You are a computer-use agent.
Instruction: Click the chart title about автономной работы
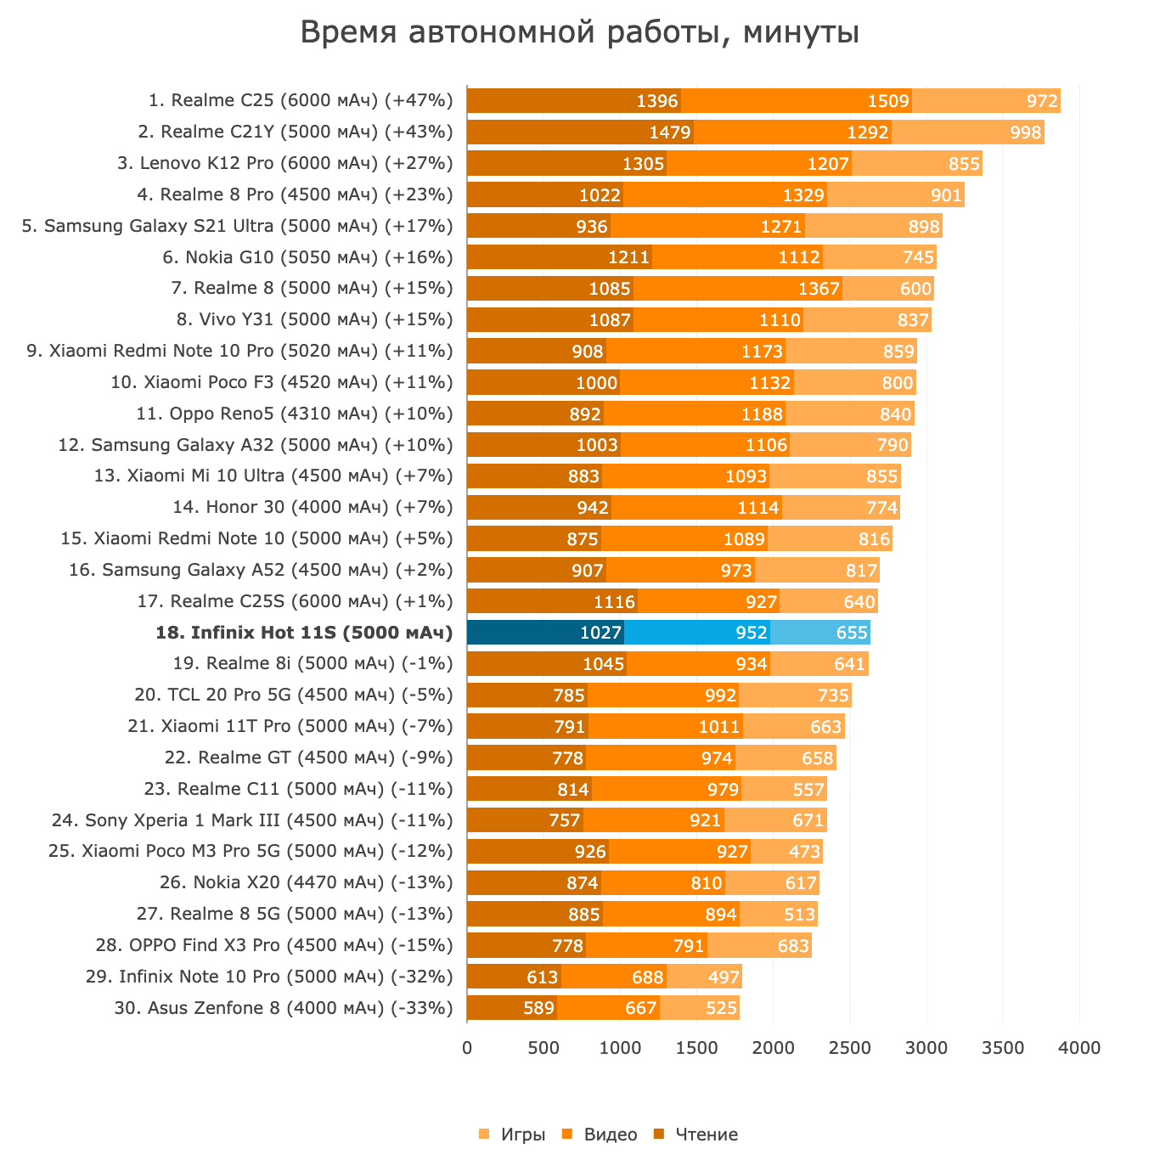(580, 34)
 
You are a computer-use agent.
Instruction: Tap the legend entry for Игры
(513, 1135)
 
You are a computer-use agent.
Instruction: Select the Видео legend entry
(600, 1135)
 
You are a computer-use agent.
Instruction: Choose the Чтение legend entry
(696, 1135)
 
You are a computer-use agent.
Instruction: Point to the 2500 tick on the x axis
(850, 1048)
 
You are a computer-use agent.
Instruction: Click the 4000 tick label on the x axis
(1079, 1048)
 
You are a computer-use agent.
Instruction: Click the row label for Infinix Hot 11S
(304, 633)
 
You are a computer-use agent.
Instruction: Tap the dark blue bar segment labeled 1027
(545, 633)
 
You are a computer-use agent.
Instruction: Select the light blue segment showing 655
(820, 633)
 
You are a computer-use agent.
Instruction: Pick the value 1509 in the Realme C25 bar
(888, 101)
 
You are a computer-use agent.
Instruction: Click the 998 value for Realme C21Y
(1024, 132)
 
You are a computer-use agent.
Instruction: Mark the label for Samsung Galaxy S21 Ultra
(238, 226)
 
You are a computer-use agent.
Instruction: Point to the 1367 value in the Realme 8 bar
(819, 289)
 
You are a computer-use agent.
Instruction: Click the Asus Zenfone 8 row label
(284, 1008)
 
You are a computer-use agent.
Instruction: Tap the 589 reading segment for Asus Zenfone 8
(512, 1008)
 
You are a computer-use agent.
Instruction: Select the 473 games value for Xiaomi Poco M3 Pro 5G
(804, 852)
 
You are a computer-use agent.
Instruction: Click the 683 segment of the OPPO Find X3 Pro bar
(793, 945)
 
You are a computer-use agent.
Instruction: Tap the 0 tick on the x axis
(467, 1048)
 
